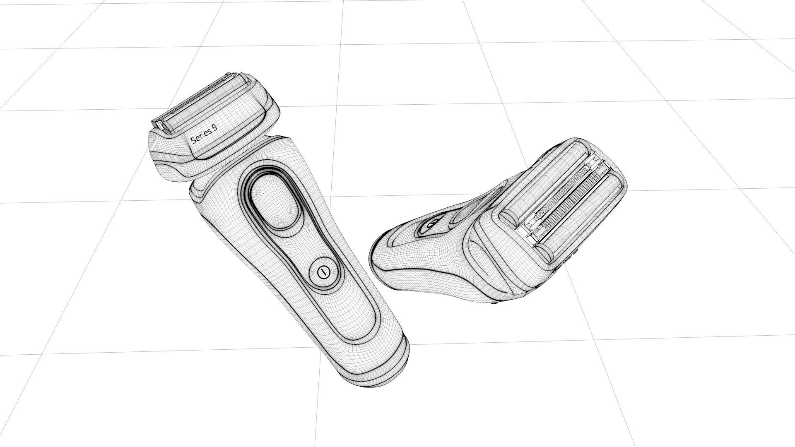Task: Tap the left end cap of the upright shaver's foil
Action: coord(160,124)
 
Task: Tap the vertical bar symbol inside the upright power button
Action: coord(322,272)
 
